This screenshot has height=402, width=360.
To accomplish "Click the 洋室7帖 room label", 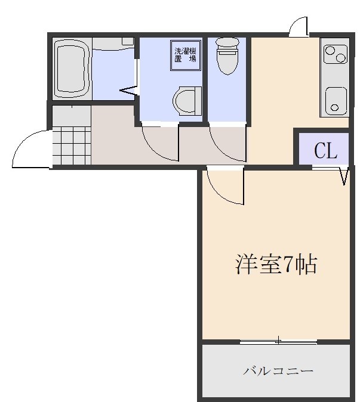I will [x=275, y=265].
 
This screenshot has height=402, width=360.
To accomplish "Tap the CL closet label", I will [x=326, y=151].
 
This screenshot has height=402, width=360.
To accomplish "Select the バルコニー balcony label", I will [x=278, y=371].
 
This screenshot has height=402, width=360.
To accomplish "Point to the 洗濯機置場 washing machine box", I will [x=185, y=55].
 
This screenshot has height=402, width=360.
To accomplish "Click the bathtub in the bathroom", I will [x=72, y=69].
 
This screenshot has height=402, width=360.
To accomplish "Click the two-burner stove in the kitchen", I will [x=334, y=55].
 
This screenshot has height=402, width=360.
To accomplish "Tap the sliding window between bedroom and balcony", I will [x=278, y=342].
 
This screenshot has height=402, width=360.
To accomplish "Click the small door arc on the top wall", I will [x=297, y=27].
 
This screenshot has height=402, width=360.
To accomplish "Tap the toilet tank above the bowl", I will [x=226, y=44].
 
